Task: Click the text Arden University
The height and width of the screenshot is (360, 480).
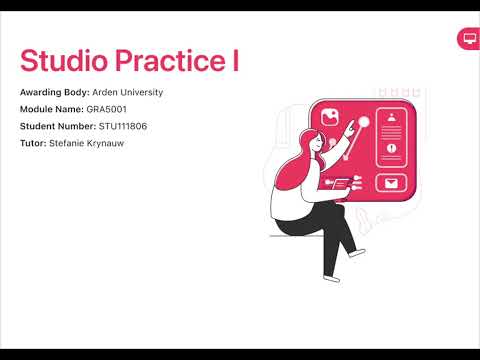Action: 127,92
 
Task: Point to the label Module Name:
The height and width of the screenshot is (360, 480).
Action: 52,109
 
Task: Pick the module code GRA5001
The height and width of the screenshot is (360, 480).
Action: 107,109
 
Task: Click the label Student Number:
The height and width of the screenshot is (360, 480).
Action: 58,126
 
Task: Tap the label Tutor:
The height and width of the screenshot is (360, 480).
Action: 33,143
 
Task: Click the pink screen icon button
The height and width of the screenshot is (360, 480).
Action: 467,38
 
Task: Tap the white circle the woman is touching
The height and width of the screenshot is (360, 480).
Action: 364,123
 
